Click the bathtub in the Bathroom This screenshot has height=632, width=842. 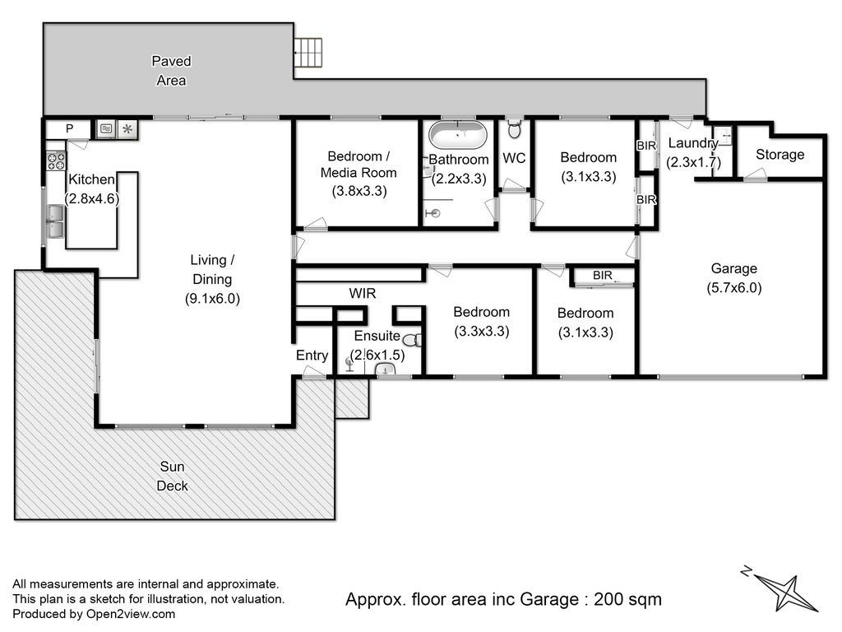click(x=458, y=136)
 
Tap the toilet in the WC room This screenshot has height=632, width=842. click(x=515, y=128)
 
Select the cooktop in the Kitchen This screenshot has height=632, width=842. click(x=57, y=161)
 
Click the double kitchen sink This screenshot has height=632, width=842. click(x=55, y=222)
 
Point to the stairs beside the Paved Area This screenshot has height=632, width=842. click(x=308, y=53)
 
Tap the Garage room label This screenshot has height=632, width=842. click(x=733, y=268)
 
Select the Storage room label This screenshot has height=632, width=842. click(x=780, y=155)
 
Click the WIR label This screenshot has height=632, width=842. click(x=363, y=294)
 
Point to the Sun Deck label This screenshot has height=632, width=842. click(x=173, y=476)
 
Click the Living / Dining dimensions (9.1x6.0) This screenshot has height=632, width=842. click(x=212, y=299)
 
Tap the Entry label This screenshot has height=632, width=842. click(x=312, y=355)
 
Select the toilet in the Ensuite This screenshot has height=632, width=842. click(x=413, y=340)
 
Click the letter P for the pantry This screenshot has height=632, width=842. click(x=69, y=129)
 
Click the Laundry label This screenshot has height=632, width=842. click(x=693, y=143)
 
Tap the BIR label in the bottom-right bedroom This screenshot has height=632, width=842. click(x=603, y=275)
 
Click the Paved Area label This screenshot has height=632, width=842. click(x=171, y=71)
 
